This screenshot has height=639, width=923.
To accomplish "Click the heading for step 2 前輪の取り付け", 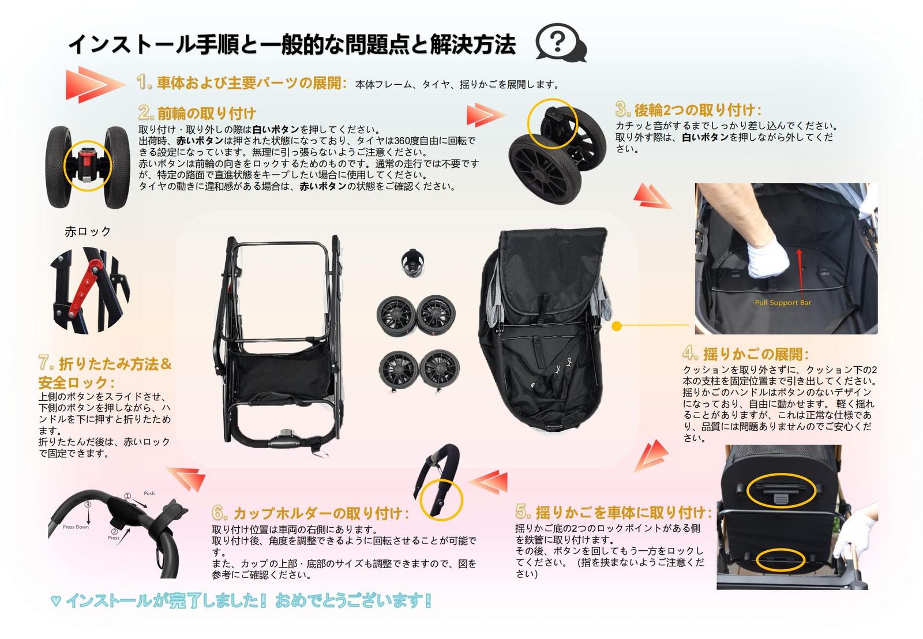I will (197, 113).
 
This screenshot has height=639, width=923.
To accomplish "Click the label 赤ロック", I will (88, 232).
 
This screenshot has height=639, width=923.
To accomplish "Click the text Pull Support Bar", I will (783, 302).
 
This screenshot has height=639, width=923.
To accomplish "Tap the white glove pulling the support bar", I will (767, 259).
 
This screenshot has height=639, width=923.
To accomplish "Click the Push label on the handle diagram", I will (149, 493).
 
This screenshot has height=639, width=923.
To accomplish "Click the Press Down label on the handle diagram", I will (76, 527).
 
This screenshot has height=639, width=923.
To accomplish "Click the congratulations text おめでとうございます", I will (353, 600).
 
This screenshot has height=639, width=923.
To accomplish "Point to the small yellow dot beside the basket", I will (616, 326).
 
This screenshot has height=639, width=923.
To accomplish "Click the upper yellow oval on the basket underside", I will (781, 490).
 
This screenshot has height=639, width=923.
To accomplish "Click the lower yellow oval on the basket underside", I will (780, 559).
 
